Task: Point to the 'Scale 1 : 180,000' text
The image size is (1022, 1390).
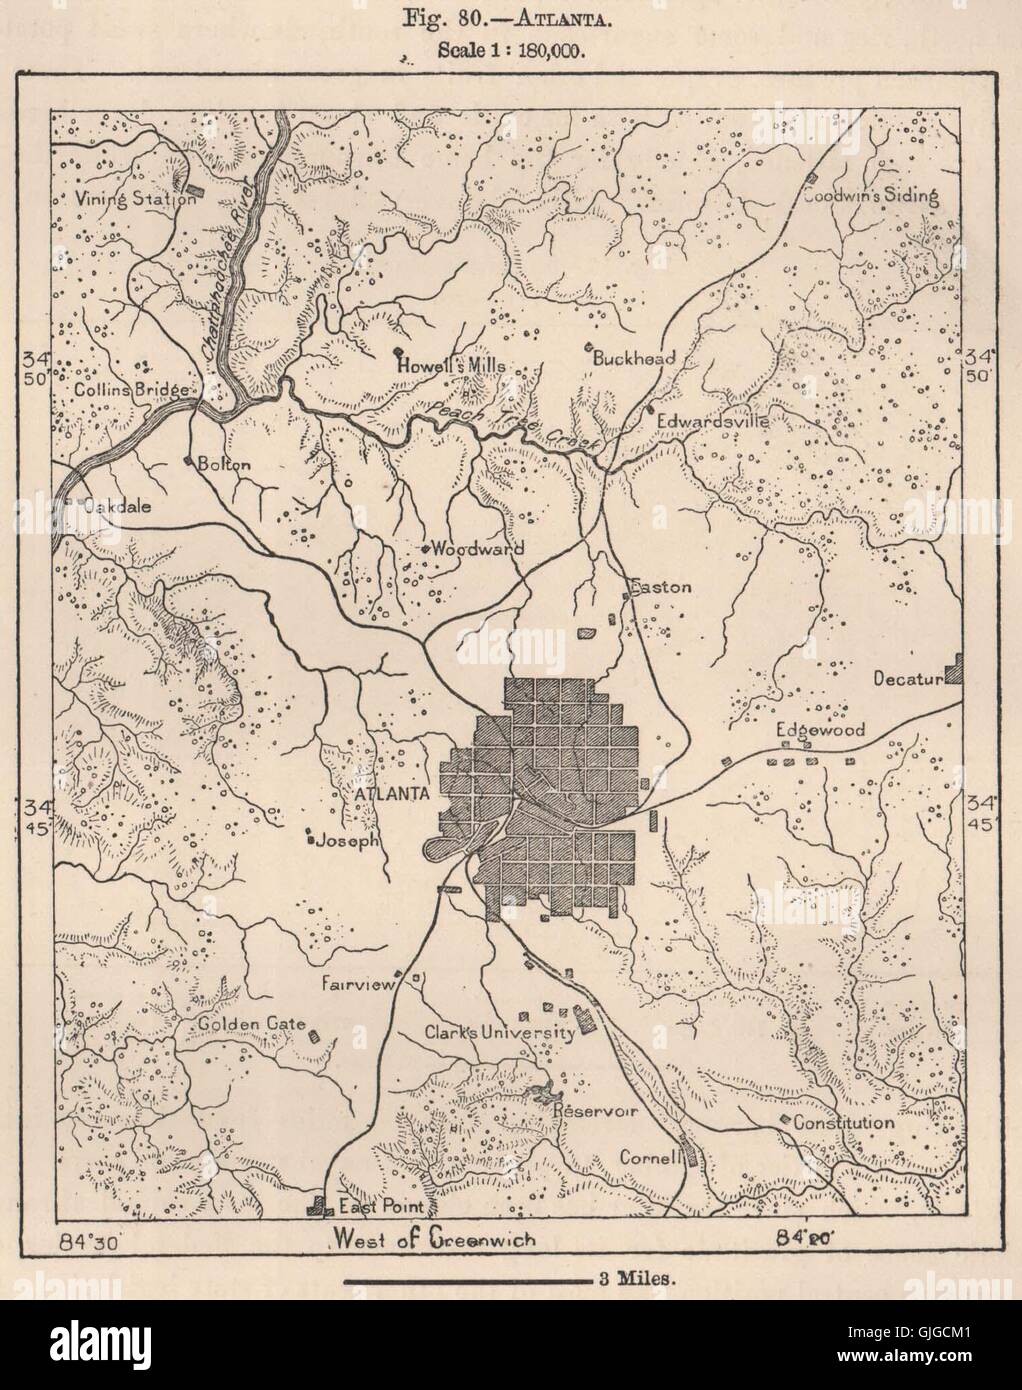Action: (511, 48)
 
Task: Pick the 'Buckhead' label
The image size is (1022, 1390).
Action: (634, 357)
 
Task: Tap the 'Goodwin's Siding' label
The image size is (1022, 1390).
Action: (871, 196)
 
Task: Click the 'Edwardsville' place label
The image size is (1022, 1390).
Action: (712, 422)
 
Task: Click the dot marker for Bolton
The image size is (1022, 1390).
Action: (189, 461)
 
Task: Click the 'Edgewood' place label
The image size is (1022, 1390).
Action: (821, 731)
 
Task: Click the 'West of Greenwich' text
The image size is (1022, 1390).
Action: (432, 1240)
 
